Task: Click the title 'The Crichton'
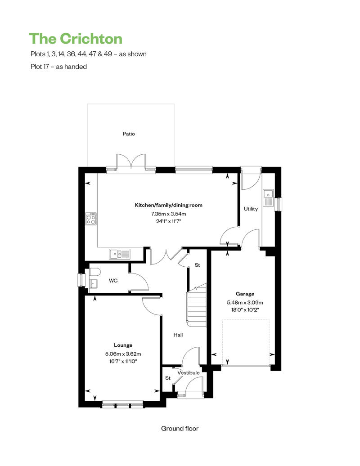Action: [75, 39]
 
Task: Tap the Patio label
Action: [129, 134]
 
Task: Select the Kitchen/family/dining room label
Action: [169, 205]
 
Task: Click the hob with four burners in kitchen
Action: [91, 219]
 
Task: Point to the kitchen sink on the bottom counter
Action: [119, 254]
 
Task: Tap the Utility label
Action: [251, 209]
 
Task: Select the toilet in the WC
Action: [94, 272]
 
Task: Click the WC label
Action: [113, 281]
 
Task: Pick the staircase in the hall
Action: [196, 306]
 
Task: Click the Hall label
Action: [178, 335]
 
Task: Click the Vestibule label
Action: [188, 373]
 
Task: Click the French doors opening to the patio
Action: [131, 163]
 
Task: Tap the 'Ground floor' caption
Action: [180, 429]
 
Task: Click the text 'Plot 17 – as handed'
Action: [58, 67]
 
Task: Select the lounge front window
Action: [123, 405]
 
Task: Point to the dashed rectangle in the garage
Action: [246, 342]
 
